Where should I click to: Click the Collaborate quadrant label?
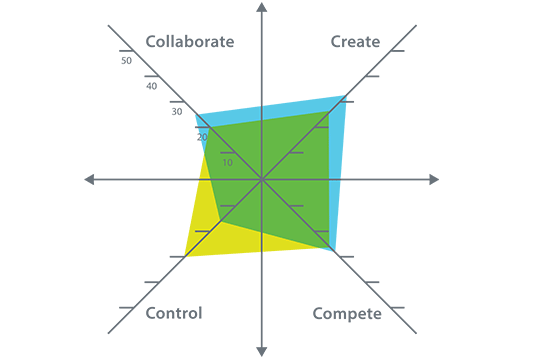pyautogui.click(x=190, y=42)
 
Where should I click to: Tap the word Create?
pyautogui.click(x=355, y=42)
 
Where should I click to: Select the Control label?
pyautogui.click(x=174, y=313)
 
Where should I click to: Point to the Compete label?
pyautogui.click(x=347, y=314)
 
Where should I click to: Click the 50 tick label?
pyautogui.click(x=126, y=61)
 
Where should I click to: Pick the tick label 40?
pyautogui.click(x=151, y=86)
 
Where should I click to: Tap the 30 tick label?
pyautogui.click(x=176, y=111)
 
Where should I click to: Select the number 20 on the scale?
pyautogui.click(x=202, y=137)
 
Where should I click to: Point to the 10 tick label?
pyautogui.click(x=227, y=162)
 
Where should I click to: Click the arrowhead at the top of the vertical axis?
pyautogui.click(x=261, y=8)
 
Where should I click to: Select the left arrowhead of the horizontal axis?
pyautogui.click(x=89, y=179)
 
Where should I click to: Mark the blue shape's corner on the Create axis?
pyautogui.click(x=345, y=96)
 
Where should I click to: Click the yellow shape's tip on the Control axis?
pyautogui.click(x=185, y=256)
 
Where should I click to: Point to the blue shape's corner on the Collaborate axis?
pyautogui.click(x=196, y=115)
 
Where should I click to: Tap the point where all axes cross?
pyautogui.click(x=261, y=179)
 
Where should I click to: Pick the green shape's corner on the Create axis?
pyautogui.click(x=329, y=111)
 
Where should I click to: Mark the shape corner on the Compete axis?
pyautogui.click(x=333, y=250)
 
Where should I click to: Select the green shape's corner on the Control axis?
pyautogui.click(x=219, y=221)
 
